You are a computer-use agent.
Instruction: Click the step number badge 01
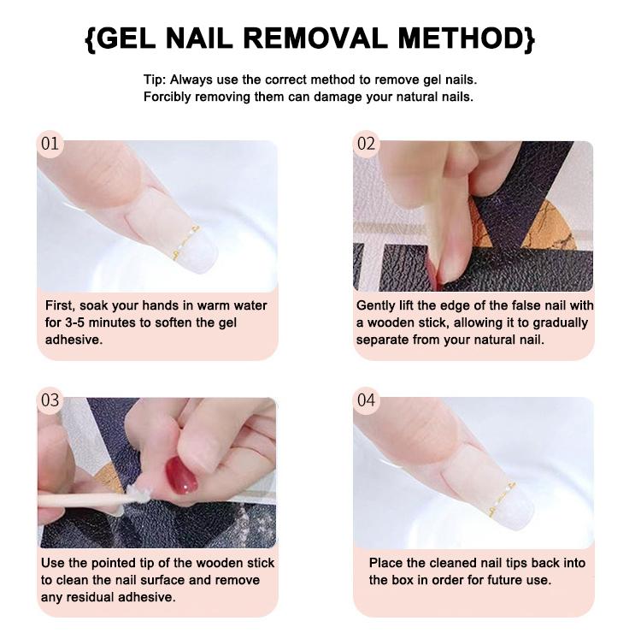[x=50, y=144]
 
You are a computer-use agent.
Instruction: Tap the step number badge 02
[x=366, y=144]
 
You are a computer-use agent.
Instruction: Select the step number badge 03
[x=50, y=400]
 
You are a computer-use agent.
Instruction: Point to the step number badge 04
[x=366, y=400]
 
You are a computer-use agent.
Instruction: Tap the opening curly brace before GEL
[x=91, y=38]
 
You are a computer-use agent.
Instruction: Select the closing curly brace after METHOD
[x=530, y=38]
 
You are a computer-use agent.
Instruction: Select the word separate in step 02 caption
[x=384, y=340]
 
